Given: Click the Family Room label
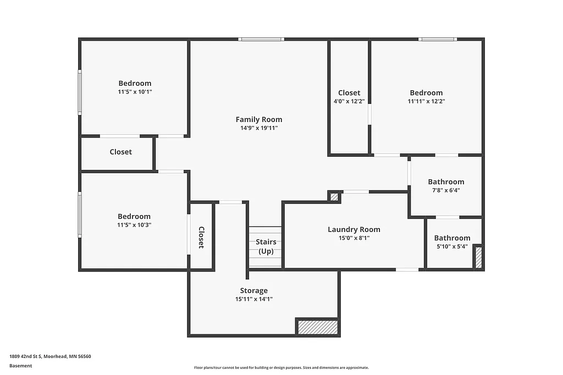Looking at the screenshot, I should point(258,119).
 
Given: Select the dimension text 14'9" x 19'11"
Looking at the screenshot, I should point(258,128).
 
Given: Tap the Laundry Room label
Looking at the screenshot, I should point(354,229).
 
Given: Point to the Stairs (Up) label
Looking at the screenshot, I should point(266,246).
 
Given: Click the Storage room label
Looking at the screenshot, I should point(253,290).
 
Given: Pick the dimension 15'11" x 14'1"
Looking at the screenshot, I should point(253,299).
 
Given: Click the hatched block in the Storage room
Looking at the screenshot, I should point(318,327).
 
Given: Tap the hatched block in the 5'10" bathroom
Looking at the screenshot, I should point(478,257).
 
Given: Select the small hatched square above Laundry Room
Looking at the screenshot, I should point(333,196).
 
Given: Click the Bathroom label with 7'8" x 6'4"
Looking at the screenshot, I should point(446,181).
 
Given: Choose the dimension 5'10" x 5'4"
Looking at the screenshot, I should point(452,247).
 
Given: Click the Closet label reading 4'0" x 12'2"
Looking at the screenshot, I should point(349,93).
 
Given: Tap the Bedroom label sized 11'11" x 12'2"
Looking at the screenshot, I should point(426,93).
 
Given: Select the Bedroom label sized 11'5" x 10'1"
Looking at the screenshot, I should point(135,84).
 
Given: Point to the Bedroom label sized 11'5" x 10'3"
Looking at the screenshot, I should point(134,217).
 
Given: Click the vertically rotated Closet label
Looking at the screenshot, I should point(201,238).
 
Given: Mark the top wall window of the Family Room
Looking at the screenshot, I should point(261,39).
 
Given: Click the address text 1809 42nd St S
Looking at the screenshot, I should point(50,356).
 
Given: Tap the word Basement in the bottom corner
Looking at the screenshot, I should point(21,366).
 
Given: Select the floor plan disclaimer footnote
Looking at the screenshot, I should point(281,368).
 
